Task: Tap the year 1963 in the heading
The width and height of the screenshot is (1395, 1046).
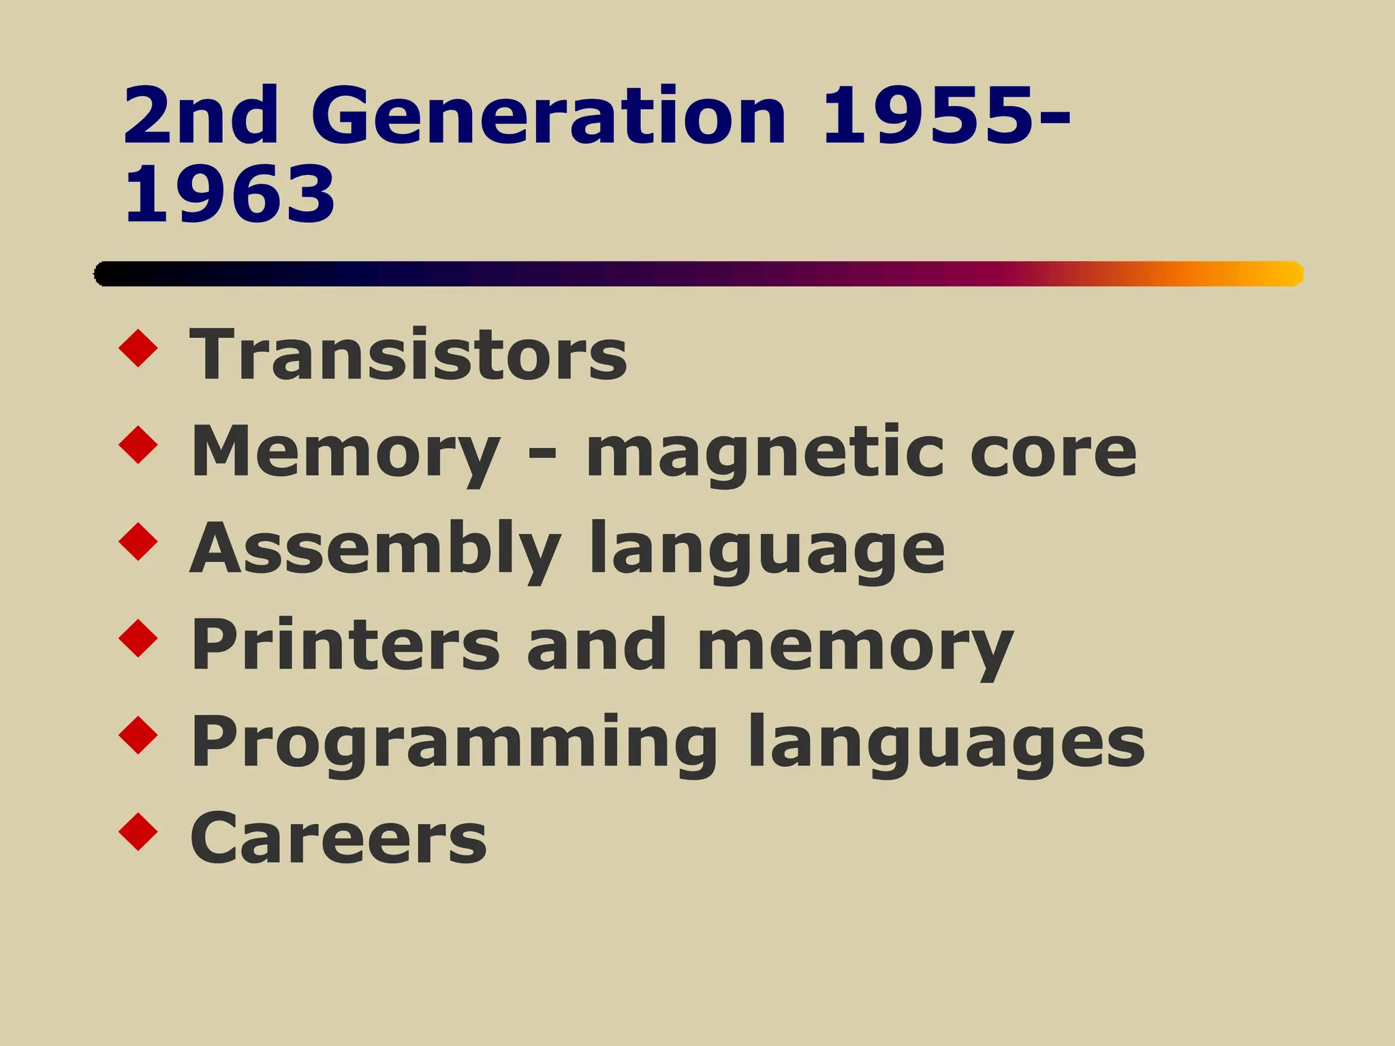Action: click(x=230, y=195)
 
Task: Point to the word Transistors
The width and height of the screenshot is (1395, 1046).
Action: click(x=408, y=355)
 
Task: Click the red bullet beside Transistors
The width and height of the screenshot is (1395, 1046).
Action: click(x=138, y=349)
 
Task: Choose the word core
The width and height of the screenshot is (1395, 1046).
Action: click(x=1053, y=452)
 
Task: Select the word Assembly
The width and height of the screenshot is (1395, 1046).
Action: click(x=375, y=550)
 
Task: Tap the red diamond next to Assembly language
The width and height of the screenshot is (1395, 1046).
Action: click(x=138, y=542)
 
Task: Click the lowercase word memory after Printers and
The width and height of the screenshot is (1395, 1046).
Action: click(x=856, y=647)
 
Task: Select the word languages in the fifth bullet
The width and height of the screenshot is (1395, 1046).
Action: click(x=946, y=744)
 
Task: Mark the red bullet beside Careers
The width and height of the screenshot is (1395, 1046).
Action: click(x=138, y=831)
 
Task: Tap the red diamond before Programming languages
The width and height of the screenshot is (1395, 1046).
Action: click(x=138, y=735)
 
